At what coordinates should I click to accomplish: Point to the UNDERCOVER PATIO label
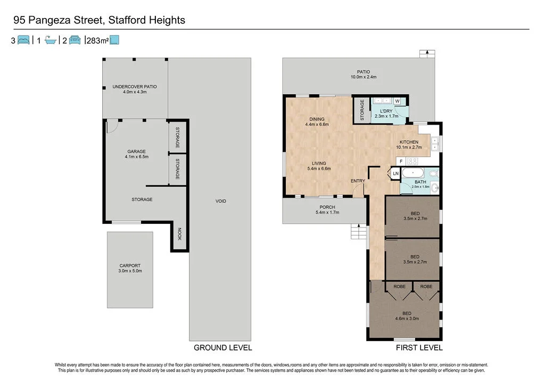coord(134,86)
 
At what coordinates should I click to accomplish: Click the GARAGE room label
coord(136,151)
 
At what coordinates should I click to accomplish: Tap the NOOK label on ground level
coord(179,234)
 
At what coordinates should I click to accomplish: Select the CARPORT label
coord(130,265)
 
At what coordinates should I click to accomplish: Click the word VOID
coord(221,201)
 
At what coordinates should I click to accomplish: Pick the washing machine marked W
coord(397,101)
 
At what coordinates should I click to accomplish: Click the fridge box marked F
coord(401,160)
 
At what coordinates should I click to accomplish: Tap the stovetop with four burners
coord(413,160)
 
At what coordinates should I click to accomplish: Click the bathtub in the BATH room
coord(413,173)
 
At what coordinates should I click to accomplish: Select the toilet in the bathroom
coord(433,173)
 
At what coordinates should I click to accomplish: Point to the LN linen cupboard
coord(395,173)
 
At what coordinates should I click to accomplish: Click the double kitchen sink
coord(435,141)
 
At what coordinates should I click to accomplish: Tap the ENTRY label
coord(358,181)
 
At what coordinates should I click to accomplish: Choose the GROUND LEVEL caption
coord(222,348)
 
